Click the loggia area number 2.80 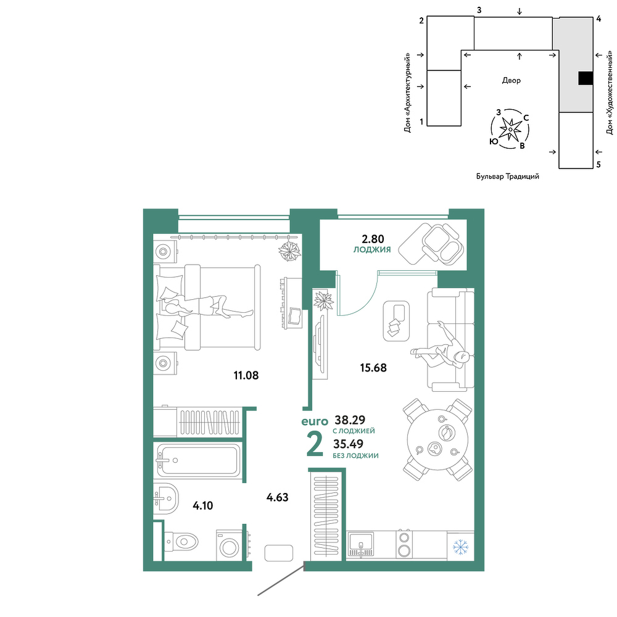373,239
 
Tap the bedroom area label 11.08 246,375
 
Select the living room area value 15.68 373,368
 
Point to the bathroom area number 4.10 202,505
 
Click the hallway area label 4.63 278,497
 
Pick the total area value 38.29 350,420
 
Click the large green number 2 315,445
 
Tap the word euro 315,422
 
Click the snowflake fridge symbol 460,547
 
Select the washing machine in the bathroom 230,545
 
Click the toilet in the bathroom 181,542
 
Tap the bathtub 199,460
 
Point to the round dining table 437,439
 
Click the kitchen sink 361,544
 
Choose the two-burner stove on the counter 404,544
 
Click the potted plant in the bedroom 289,251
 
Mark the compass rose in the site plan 510,129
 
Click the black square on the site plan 586,78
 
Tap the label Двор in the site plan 511,80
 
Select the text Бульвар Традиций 508,176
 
